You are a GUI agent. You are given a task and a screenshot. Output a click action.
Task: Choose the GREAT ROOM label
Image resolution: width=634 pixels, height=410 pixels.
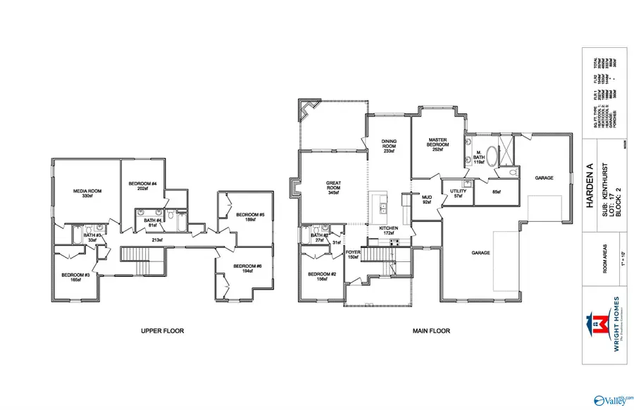333,186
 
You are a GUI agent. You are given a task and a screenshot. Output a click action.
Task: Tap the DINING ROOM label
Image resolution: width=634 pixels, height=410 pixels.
390,145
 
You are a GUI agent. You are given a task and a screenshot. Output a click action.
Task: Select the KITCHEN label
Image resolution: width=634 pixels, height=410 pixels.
389,229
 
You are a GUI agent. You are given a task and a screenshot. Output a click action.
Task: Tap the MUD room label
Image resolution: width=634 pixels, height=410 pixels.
425,199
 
